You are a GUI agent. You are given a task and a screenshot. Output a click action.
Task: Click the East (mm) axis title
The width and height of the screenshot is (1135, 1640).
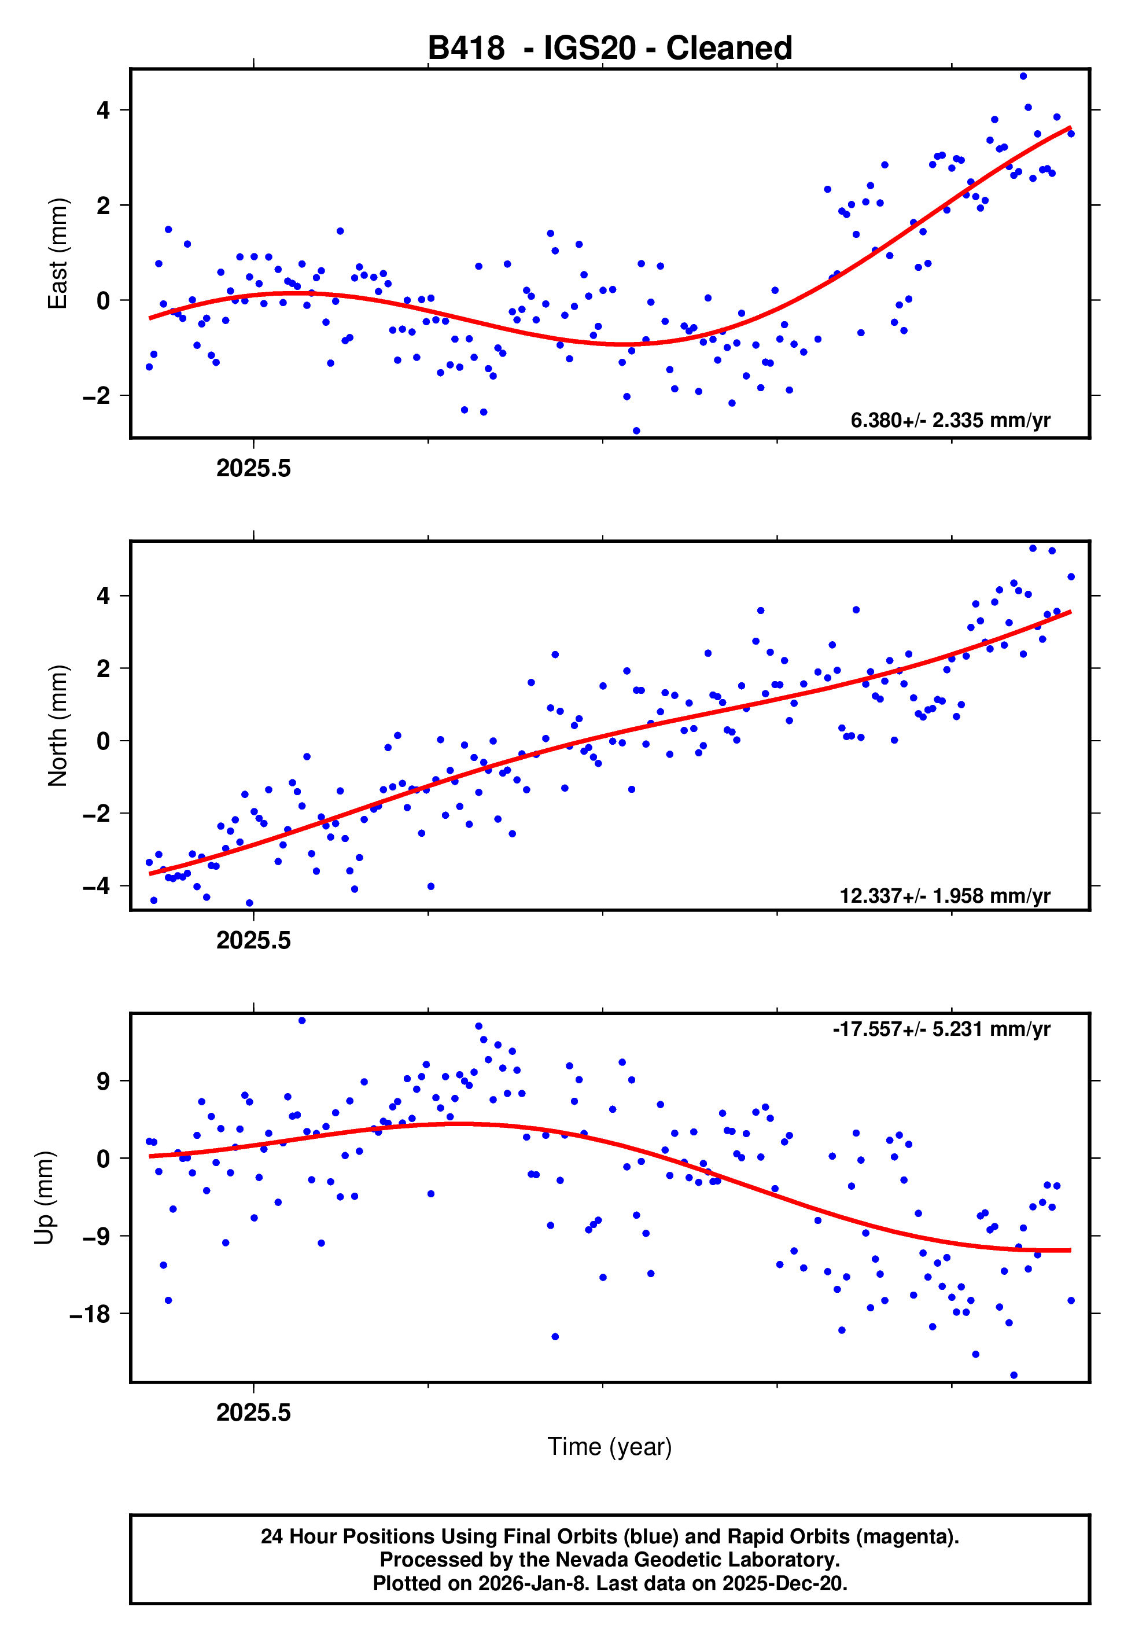pos(58,253)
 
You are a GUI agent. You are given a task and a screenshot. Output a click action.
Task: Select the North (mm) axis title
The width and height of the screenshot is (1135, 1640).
pos(58,726)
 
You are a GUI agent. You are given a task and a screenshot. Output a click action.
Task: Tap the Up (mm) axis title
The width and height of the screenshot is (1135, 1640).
pos(44,1198)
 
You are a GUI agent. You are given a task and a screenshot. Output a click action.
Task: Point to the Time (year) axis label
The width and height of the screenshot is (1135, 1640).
pos(610,1447)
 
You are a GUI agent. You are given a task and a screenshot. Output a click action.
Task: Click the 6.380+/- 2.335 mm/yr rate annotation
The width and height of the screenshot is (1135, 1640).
pos(950,420)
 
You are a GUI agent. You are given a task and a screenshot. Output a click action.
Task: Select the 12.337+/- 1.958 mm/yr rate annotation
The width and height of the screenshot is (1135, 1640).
pos(945,895)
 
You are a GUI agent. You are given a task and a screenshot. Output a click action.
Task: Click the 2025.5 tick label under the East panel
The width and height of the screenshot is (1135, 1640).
pos(254,469)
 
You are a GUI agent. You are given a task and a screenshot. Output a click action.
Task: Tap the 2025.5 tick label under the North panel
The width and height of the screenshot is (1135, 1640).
pos(254,941)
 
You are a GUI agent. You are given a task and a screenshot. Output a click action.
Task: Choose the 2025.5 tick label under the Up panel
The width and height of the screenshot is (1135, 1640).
pos(254,1413)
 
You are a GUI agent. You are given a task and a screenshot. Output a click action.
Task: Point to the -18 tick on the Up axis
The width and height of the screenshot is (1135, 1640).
pos(90,1314)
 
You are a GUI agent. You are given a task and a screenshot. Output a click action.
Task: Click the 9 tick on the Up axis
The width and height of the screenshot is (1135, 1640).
pos(104,1082)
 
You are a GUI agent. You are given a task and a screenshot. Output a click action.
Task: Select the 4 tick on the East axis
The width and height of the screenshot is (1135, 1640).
pos(104,110)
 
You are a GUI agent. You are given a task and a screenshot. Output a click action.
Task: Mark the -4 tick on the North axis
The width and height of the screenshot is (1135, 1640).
pos(97,886)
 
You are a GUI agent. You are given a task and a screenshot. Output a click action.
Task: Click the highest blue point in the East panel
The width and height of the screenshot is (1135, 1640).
pos(1023,76)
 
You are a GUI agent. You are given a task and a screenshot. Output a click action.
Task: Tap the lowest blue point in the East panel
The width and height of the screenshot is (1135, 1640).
pos(636,431)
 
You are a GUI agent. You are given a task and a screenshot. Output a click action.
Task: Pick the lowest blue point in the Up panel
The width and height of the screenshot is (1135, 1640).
pos(1014,1376)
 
